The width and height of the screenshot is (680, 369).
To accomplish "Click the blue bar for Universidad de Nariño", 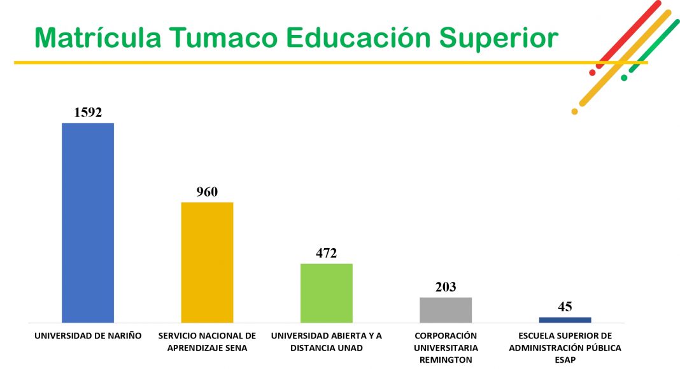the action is [88, 223].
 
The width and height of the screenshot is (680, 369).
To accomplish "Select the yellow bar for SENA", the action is [207, 263].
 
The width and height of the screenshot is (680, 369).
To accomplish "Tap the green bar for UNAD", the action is [326, 293].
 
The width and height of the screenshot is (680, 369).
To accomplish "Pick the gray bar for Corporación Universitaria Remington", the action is [446, 310].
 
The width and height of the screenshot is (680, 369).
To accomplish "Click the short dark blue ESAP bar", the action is [565, 320].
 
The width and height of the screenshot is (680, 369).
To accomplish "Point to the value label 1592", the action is [88, 113].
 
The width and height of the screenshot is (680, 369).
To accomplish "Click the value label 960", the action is [207, 192].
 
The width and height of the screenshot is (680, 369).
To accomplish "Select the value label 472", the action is [326, 253].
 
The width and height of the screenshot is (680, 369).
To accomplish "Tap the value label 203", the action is [446, 287].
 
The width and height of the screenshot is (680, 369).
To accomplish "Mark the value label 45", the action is [565, 307].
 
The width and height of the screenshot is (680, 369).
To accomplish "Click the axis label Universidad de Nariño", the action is [88, 336].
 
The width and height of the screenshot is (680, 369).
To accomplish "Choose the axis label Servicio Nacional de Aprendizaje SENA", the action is [207, 342].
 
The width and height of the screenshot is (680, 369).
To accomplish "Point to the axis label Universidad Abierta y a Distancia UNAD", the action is [326, 342].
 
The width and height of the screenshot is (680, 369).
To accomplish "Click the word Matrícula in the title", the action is [97, 38].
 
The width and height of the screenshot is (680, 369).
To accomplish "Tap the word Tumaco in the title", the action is [223, 38].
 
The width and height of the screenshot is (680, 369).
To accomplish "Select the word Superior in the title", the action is [499, 38].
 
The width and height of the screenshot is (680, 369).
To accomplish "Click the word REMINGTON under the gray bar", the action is [446, 360].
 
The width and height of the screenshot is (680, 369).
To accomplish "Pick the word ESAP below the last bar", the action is [565, 360].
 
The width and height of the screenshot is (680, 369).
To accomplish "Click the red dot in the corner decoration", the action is [592, 73].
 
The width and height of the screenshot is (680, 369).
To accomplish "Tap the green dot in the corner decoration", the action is [624, 78].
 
